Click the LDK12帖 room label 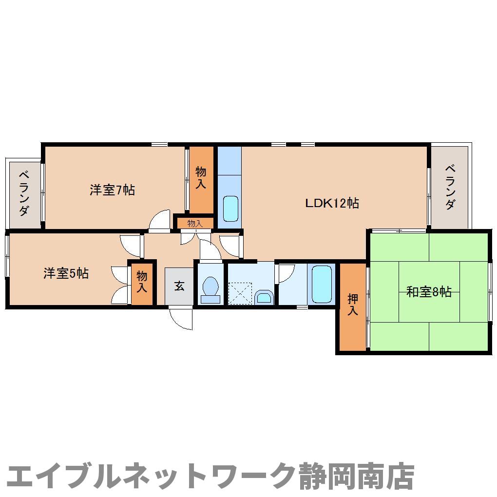pos(332,203)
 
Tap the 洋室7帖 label pos(112,190)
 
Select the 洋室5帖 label pos(66,273)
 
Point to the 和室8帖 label pos(429,292)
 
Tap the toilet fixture pos(210,290)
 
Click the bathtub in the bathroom pos(322,285)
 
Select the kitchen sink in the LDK pos(230,209)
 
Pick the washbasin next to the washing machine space pos(265,296)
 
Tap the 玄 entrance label pos(179,286)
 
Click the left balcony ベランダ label pos(24,193)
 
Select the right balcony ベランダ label pos(451,187)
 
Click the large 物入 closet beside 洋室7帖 pos(201,178)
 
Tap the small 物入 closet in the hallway pos(194,224)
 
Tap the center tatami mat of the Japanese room pos(429,292)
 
